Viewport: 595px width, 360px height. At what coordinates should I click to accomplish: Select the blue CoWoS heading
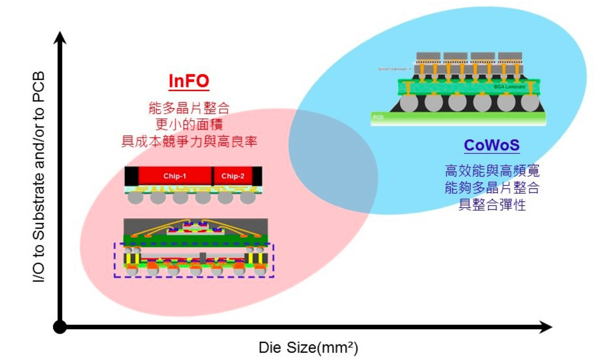[x=492, y=145]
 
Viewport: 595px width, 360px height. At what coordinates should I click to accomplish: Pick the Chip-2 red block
[x=233, y=176]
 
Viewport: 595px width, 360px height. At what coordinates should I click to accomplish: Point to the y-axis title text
[x=39, y=177]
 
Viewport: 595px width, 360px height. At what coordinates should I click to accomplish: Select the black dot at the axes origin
[x=60, y=328]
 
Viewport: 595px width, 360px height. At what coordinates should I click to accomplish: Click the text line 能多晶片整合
[x=189, y=108]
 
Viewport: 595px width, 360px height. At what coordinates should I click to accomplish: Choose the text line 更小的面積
[x=189, y=125]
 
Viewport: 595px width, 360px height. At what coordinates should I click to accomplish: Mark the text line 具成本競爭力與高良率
[x=189, y=141]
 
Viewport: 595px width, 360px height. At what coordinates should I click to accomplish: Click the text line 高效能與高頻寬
[x=492, y=171]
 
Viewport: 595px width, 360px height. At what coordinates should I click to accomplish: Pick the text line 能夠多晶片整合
[x=492, y=188]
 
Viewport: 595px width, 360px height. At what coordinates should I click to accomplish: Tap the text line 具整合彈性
[x=492, y=205]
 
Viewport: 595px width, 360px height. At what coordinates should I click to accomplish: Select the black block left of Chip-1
[x=132, y=176]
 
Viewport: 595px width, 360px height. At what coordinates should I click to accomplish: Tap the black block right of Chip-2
[x=257, y=176]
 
